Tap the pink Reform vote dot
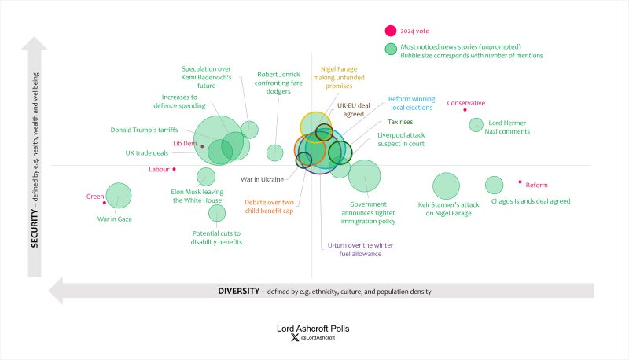pos(520,182)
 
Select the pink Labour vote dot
pos(175,169)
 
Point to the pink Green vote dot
pos(105,203)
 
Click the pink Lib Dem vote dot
pos(202,146)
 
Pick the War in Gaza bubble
pos(119,196)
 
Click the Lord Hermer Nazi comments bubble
pos(476,124)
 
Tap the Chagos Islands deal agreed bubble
pos(494,185)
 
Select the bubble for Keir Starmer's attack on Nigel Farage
pos(446,186)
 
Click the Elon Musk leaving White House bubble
pos(206,177)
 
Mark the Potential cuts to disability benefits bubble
pos(217,213)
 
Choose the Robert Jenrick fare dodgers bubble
pos(274,152)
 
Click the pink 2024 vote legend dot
pos(390,31)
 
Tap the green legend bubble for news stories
pos(390,49)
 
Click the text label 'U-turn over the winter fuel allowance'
pos(360,250)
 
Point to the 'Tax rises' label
pos(400,122)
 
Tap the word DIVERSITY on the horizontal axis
pos(237,291)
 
